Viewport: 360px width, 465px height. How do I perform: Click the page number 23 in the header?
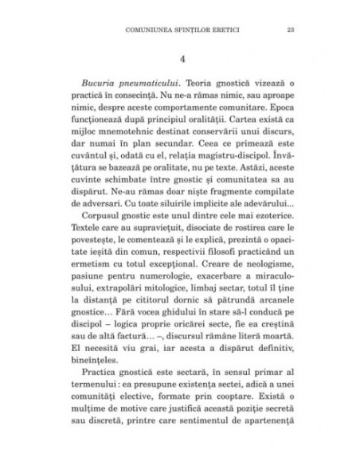pyautogui.click(x=288, y=31)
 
